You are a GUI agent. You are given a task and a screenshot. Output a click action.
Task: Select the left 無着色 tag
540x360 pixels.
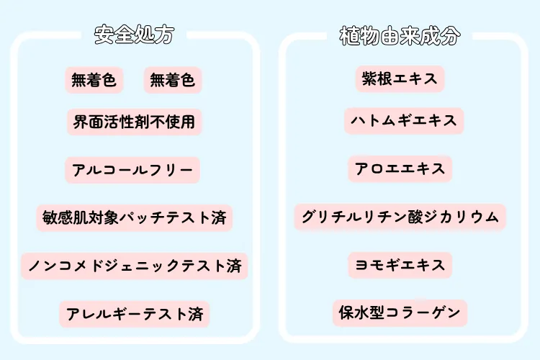94,81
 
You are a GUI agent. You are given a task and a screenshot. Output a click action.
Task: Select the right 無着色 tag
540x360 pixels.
172,81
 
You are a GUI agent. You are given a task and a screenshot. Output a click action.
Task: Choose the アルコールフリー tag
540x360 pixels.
132,170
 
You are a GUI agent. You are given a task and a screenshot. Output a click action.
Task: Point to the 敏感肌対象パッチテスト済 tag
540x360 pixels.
134,217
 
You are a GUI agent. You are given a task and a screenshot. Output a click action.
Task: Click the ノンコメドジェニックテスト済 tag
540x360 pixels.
134,266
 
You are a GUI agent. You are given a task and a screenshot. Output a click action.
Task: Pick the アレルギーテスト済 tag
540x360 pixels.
135,314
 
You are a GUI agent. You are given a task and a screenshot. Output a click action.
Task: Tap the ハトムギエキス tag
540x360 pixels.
403,120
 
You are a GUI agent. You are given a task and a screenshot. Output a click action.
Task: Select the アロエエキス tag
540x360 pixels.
400,169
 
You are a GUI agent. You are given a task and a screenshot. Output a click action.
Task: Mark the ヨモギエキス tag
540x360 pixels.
400,265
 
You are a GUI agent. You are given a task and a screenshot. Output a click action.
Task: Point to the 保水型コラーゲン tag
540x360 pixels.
400,313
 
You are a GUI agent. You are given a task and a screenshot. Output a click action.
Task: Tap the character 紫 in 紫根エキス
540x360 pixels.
369,78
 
